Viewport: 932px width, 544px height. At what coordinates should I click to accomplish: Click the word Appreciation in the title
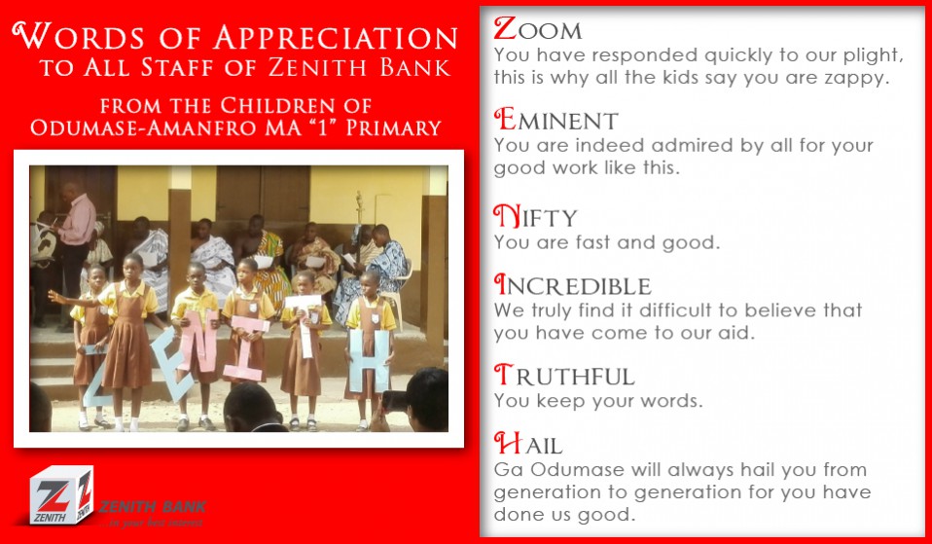click(x=336, y=37)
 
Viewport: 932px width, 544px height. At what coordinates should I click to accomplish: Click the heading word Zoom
click(x=537, y=28)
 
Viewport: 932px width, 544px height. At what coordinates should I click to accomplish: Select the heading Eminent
click(x=556, y=120)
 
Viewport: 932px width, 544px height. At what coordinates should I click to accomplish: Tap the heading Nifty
click(x=535, y=216)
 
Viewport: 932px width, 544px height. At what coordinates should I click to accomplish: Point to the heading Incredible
click(x=572, y=285)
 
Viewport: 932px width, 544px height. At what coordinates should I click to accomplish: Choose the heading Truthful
click(x=564, y=376)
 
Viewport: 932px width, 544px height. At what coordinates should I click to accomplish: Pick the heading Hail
click(x=528, y=444)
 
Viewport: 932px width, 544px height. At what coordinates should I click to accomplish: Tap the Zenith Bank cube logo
click(x=61, y=494)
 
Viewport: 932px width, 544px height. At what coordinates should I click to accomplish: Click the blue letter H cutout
click(x=369, y=361)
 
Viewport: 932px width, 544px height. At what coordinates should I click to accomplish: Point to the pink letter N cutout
click(x=199, y=342)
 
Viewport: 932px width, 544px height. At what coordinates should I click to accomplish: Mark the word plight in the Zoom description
click(x=873, y=55)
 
